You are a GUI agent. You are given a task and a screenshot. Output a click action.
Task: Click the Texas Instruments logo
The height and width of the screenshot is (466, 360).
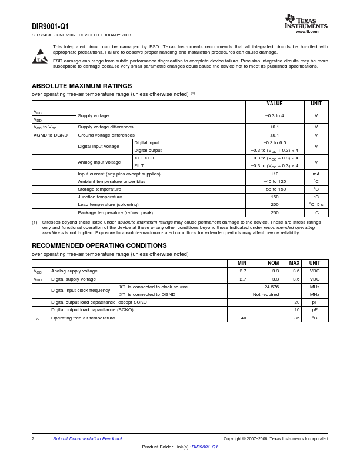coord(306,22)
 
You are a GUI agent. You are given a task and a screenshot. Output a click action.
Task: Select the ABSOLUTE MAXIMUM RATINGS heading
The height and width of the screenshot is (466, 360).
coord(82,86)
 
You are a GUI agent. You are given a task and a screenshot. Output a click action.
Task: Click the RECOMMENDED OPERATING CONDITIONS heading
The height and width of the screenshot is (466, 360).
coord(99,245)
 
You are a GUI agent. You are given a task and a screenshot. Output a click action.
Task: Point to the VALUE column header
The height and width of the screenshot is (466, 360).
coord(274,104)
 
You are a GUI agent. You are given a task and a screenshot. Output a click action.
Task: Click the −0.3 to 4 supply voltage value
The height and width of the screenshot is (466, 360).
coord(274,115)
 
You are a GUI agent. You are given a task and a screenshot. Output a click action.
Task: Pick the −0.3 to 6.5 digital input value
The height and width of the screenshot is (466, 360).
coord(274,142)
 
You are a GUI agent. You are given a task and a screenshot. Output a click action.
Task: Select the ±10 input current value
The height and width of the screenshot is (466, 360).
coord(274,174)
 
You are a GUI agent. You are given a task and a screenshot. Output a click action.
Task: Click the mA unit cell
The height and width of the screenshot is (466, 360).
coord(316,174)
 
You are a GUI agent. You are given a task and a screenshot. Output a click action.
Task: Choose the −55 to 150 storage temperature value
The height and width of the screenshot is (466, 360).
coord(274,189)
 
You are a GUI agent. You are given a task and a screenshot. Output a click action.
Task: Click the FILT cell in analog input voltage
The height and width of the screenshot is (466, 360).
coord(139,165)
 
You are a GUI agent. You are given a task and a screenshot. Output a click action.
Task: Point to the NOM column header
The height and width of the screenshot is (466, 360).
coord(273,263)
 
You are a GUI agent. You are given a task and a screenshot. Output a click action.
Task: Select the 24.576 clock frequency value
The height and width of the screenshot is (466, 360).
coord(271,287)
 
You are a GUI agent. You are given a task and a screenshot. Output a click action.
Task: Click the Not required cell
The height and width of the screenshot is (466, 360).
coord(266,294)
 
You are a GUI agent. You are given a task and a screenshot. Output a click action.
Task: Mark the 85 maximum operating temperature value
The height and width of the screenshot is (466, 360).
coord(296,318)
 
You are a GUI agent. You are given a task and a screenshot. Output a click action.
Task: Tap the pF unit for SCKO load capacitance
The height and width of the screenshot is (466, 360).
coord(315,309)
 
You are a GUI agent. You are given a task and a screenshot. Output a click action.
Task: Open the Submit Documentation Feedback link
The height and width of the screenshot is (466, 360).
coord(88,438)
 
